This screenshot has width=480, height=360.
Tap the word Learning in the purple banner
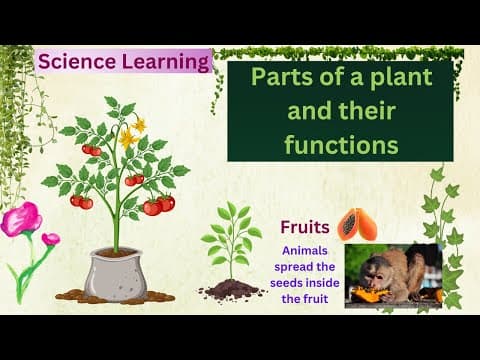(164, 62)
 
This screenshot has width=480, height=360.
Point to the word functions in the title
(340, 144)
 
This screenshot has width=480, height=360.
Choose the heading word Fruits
(304, 226)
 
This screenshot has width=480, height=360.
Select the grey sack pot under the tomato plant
(116, 272)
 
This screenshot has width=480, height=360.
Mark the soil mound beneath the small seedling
(232, 290)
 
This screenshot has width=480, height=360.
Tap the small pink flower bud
(50, 239)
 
